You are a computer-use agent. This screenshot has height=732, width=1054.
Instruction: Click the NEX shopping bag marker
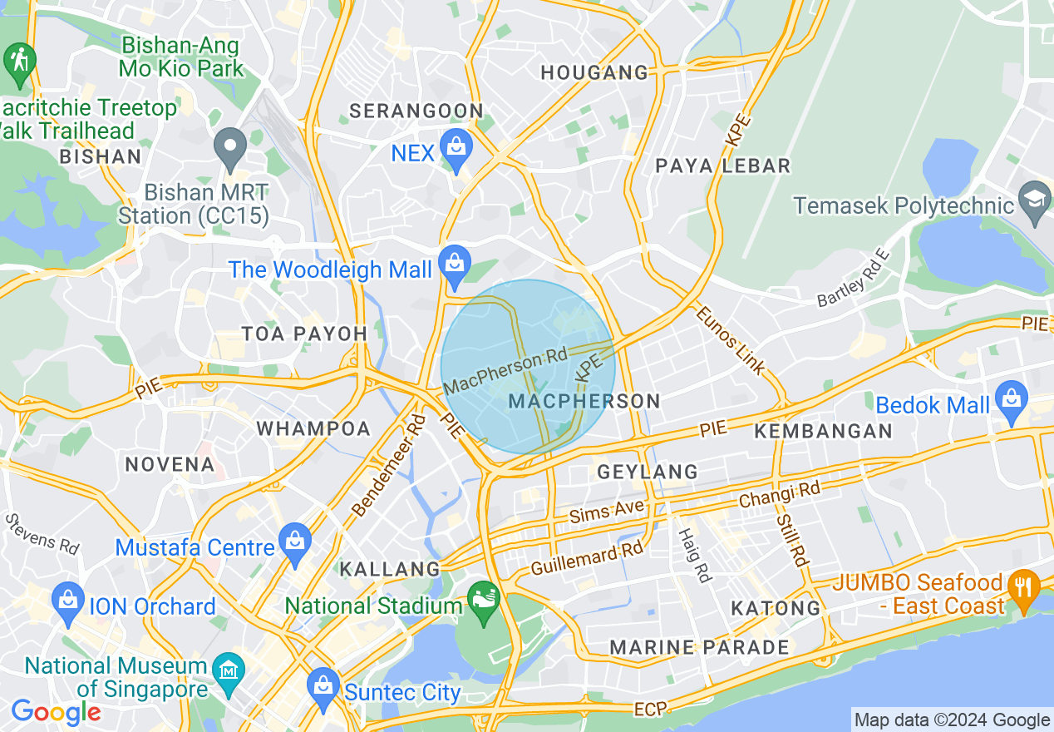pyautogui.click(x=456, y=148)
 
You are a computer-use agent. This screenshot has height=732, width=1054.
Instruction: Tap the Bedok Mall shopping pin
pyautogui.click(x=1011, y=400)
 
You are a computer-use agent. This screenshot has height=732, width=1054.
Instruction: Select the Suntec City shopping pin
pyautogui.click(x=323, y=685)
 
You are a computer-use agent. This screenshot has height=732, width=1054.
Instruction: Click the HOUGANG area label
pyautogui.click(x=594, y=73)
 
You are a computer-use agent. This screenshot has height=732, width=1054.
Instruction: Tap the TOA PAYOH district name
pyautogui.click(x=304, y=334)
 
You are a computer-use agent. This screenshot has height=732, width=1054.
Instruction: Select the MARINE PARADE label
pyautogui.click(x=699, y=647)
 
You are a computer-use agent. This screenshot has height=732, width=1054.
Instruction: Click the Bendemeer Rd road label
pyautogui.click(x=389, y=465)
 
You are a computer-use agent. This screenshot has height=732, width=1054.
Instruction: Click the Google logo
pyautogui.click(x=55, y=712)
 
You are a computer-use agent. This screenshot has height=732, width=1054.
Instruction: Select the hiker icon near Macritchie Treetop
pyautogui.click(x=18, y=62)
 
